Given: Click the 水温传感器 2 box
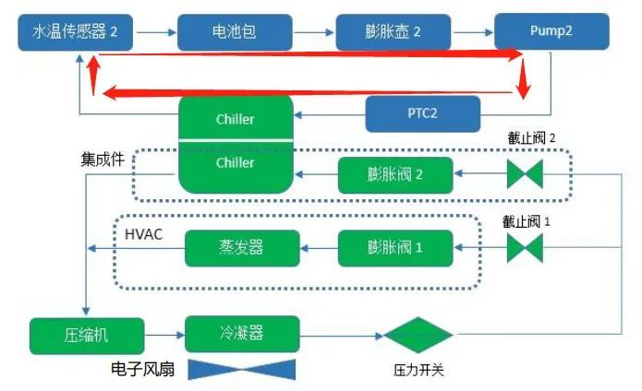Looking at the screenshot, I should coord(77,31).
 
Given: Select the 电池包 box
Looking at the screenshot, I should coord(236,31).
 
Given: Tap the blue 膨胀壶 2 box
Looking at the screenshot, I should coord(393,31).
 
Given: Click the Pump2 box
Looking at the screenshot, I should coord(551,31).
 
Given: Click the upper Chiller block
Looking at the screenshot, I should coord(235,117).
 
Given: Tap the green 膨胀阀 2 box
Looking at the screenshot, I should coord(394,174).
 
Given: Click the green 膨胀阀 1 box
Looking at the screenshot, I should coord(394,247).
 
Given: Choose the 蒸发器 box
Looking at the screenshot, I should coord(242,247).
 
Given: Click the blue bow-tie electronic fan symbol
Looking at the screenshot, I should coord(241,370).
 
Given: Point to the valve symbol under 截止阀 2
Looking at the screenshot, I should coord(524,173).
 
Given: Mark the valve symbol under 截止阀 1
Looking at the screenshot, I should coord(524,247).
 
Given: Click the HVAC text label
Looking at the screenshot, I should coord(143,234).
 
